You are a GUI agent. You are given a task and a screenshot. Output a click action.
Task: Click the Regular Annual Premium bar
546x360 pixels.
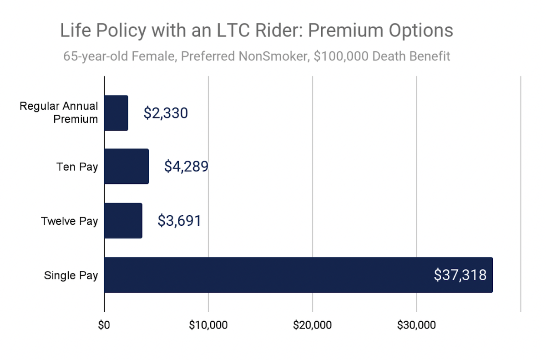tap(116, 113)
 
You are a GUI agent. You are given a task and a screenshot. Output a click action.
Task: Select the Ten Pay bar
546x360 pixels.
tap(126, 167)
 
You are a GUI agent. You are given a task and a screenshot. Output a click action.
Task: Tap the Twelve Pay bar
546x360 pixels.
tap(123, 221)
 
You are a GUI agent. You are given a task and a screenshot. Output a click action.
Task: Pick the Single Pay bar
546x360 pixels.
tap(298, 275)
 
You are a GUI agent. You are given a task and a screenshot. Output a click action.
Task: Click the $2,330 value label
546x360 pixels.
tap(166, 113)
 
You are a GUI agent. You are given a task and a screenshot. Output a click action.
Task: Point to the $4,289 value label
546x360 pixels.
tap(186, 167)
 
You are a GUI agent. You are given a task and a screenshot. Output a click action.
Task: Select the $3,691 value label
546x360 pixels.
tap(179, 221)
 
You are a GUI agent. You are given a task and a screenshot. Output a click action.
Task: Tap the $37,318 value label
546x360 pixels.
tap(460, 275)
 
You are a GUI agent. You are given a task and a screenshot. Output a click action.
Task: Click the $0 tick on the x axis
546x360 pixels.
tap(104, 325)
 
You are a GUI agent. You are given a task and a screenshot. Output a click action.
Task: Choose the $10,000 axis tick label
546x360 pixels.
tap(208, 325)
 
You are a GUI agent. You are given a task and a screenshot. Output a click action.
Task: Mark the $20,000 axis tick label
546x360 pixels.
tap(312, 325)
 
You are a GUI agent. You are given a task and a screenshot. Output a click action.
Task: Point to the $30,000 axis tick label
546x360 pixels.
tap(416, 325)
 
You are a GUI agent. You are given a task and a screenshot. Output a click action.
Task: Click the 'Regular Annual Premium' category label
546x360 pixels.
tap(59, 113)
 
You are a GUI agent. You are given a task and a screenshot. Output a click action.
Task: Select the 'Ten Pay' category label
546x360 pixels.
tap(77, 167)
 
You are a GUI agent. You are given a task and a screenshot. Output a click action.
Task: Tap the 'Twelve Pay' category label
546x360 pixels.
tap(70, 221)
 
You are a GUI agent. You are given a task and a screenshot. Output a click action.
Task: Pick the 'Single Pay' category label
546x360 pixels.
tap(71, 275)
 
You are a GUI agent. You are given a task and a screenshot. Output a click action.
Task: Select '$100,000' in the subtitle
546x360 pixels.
tap(331, 56)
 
